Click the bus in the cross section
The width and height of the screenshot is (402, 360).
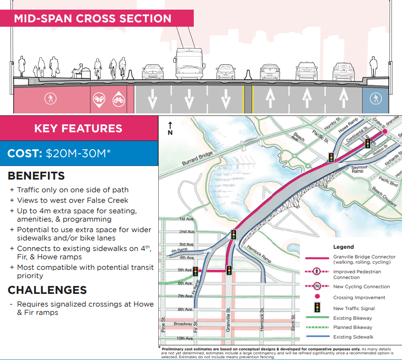[x=189, y=64]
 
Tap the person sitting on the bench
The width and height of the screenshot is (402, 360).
[x=78, y=71]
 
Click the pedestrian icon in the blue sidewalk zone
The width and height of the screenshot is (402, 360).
[x=376, y=99]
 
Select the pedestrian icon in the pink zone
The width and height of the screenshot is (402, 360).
[x=50, y=99]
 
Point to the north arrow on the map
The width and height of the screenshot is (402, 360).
[x=170, y=128]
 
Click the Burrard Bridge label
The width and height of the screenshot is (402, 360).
[x=197, y=158]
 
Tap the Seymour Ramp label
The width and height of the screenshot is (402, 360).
[x=359, y=169]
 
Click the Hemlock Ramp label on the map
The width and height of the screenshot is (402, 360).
[x=259, y=254]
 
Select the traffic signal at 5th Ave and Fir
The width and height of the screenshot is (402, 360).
[x=196, y=272]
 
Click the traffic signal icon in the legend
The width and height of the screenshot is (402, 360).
[x=317, y=307]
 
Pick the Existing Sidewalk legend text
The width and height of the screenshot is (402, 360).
[x=353, y=337]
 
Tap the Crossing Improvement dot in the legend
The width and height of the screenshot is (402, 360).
[x=317, y=296]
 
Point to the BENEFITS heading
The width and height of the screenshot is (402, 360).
[x=36, y=176]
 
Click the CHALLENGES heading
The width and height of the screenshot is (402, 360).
[x=47, y=290]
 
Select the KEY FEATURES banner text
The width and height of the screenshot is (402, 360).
[x=78, y=128]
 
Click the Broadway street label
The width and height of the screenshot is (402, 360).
[x=183, y=324]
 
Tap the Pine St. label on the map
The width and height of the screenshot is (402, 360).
[x=163, y=325]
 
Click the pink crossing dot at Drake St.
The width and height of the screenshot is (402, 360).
[x=384, y=132]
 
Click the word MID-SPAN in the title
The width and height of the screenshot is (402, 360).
[x=43, y=18]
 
